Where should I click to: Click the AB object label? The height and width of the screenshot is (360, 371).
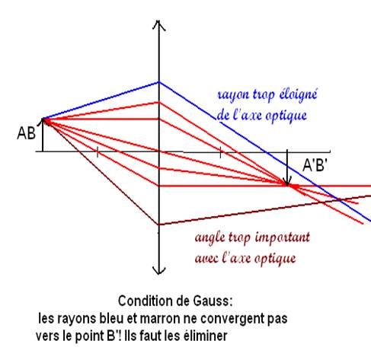[26, 133]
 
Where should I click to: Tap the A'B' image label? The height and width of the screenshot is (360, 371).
[315, 166]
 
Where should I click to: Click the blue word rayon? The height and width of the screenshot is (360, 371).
[233, 95]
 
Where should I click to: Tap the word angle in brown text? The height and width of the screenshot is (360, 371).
[210, 238]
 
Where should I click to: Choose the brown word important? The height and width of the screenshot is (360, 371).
[283, 237]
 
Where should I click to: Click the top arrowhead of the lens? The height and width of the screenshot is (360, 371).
[159, 25]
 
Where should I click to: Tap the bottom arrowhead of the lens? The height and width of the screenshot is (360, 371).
[158, 270]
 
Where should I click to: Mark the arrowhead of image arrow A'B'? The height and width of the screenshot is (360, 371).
[287, 182]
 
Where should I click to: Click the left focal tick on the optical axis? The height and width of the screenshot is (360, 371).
[98, 151]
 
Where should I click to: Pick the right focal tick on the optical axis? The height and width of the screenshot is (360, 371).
[220, 152]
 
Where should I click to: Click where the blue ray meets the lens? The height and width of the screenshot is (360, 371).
[159, 82]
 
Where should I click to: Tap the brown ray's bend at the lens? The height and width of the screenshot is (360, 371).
[159, 225]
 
